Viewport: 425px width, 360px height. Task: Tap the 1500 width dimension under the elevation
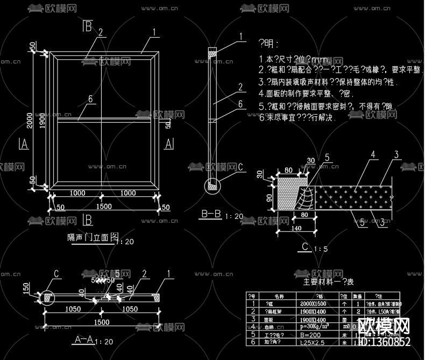104,206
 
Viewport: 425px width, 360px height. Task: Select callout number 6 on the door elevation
90,99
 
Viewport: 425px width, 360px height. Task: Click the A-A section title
84,340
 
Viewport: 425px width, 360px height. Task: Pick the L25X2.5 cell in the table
311,342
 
